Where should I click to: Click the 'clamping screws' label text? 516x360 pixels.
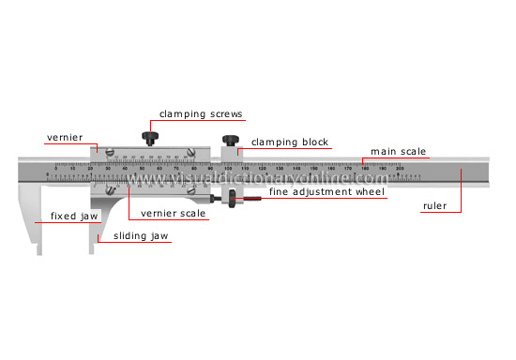click(201, 114)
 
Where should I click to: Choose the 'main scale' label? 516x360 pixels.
click(398, 151)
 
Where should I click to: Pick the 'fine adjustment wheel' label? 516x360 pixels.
click(327, 191)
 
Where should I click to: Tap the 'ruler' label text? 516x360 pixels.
click(434, 205)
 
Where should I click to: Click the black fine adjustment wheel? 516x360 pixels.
click(230, 199)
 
